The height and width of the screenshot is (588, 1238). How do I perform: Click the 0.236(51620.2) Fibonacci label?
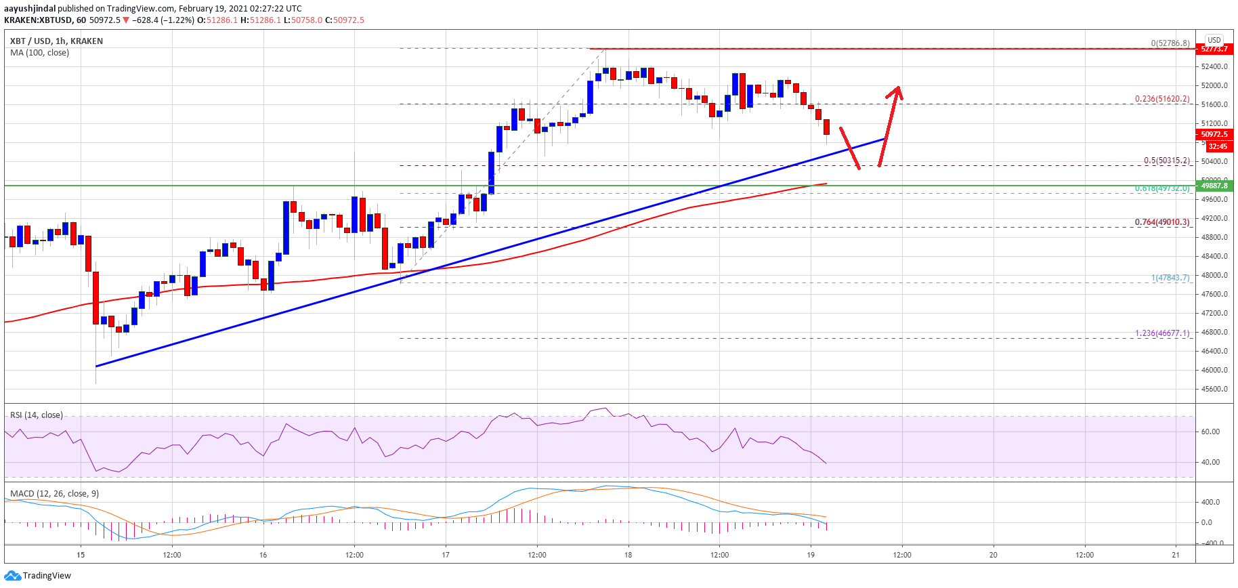(1161, 99)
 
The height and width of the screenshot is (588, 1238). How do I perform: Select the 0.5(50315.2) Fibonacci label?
(1166, 161)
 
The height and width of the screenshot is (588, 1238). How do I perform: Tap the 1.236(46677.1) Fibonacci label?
(1161, 333)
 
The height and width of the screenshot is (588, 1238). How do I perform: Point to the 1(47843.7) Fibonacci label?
(1170, 278)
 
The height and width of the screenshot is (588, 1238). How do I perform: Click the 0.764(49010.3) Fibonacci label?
(1161, 222)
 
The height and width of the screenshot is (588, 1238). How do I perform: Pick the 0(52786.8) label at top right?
(1170, 43)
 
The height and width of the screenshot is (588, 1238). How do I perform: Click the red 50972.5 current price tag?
(1214, 134)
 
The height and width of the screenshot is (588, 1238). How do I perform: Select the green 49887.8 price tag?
(1214, 186)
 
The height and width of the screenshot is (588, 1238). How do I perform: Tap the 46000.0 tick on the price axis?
(1214, 370)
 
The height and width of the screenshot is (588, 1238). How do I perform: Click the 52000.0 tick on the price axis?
(1214, 85)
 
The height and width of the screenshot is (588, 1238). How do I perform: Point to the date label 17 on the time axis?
(446, 555)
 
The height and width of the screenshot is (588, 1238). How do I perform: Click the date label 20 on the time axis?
(994, 555)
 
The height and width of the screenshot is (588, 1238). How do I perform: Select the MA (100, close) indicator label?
(39, 53)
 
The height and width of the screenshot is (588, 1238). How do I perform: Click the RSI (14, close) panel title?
(37, 415)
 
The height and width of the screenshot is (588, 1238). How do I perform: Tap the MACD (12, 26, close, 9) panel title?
(54, 494)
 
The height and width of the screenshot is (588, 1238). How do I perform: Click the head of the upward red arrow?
(897, 88)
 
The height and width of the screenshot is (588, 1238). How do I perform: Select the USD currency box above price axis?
(1214, 40)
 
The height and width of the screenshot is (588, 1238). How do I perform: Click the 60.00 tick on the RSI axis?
(1210, 432)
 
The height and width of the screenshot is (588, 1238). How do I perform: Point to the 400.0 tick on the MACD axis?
(1210, 502)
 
